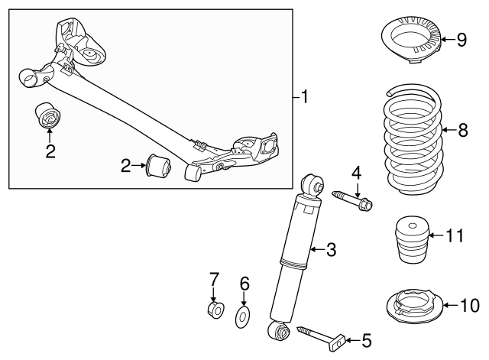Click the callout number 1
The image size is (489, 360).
[304, 96]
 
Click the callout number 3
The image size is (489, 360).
[331, 250]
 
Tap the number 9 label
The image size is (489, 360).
[461, 40]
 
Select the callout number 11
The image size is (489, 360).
[455, 235]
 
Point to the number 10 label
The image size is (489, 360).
[470, 305]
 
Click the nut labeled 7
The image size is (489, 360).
[215, 310]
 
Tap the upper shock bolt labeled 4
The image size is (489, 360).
[352, 200]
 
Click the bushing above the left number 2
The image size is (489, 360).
[47, 115]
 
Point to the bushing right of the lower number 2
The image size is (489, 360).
[158, 164]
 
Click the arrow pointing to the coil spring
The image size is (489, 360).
[449, 129]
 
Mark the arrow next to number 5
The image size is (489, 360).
[352, 339]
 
